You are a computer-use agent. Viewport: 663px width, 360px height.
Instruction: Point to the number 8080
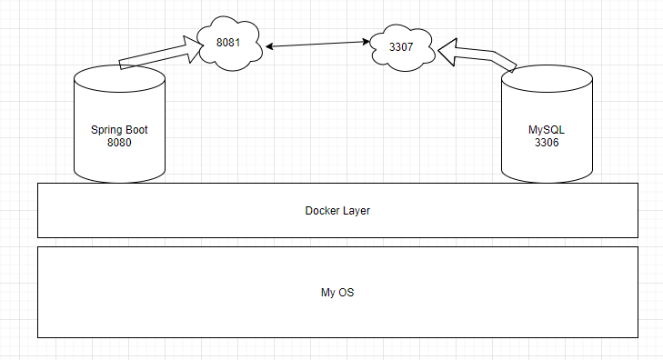pos(119,143)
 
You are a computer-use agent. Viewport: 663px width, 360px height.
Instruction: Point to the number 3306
pos(547,143)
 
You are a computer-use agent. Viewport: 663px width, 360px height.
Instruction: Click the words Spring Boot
pos(119,130)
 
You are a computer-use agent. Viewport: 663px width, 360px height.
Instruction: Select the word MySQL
pos(547,130)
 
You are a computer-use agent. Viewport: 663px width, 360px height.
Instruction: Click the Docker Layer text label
pos(337,211)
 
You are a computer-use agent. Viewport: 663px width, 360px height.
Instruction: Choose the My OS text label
pos(337,293)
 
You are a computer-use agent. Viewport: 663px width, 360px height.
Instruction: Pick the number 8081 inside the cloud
pos(228,43)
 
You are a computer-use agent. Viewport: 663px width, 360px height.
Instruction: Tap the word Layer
pos(357,211)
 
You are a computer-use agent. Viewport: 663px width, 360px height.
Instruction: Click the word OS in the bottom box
pos(347,293)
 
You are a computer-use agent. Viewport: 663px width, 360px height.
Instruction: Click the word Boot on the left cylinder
pos(136,130)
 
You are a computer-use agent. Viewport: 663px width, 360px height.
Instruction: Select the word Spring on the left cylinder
pos(105,130)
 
